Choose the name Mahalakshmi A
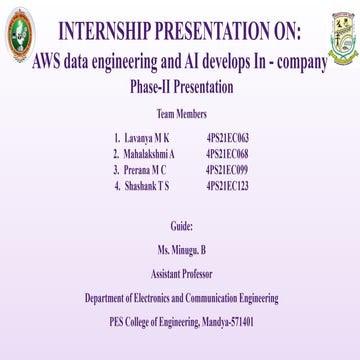(151, 146)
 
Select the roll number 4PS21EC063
(226, 134)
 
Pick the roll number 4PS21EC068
(226, 146)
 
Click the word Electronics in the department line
(153, 298)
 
